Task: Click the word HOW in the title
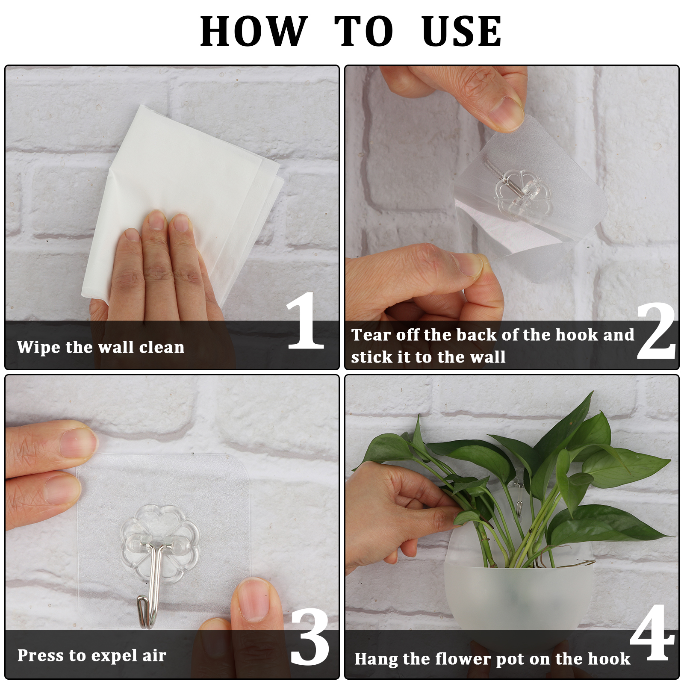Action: [x=254, y=31]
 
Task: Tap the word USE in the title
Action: [x=461, y=31]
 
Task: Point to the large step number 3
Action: [x=310, y=637]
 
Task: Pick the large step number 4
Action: [x=652, y=632]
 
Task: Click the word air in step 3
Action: [x=154, y=655]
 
